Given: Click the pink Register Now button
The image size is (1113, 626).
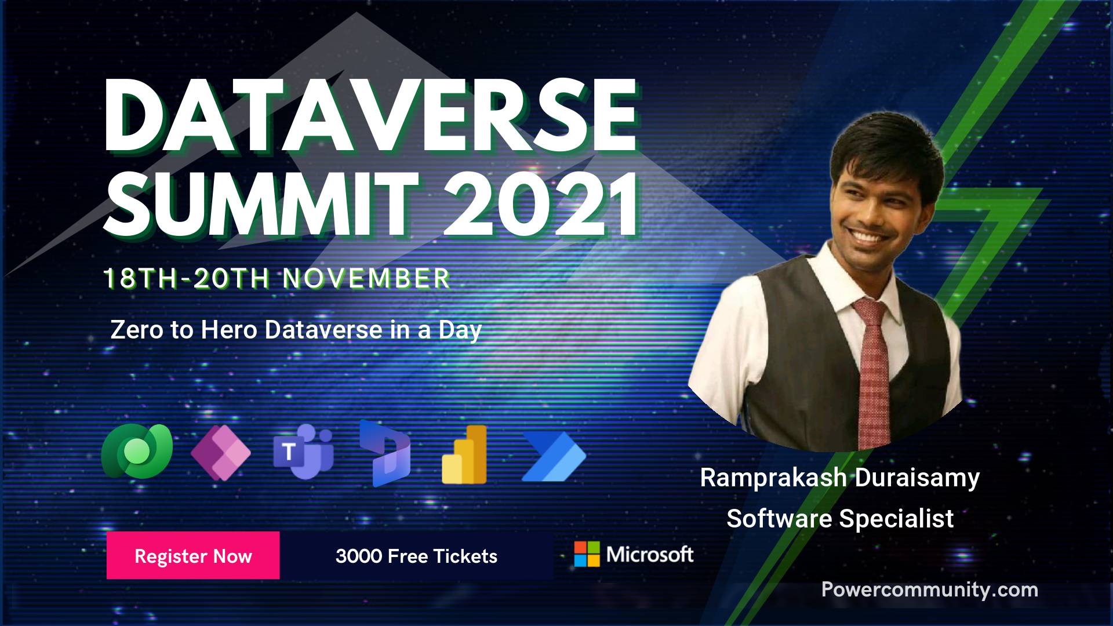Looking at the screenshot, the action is click(193, 555).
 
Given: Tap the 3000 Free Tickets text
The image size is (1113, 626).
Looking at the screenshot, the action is click(416, 556).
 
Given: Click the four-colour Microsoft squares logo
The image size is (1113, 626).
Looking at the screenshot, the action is click(587, 554).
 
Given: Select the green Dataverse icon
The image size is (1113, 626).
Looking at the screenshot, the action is click(137, 451).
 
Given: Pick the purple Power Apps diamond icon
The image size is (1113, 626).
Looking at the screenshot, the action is click(221, 452).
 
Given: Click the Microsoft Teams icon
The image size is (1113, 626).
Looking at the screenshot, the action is click(304, 452).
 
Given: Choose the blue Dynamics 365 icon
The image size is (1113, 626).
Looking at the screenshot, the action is click(384, 453).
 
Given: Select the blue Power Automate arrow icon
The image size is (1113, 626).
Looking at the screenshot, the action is click(554, 457).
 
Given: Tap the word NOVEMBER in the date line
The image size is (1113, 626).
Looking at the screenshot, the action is click(366, 279).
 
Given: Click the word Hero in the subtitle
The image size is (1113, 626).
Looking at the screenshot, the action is click(229, 330).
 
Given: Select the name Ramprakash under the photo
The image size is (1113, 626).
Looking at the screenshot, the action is click(773, 478).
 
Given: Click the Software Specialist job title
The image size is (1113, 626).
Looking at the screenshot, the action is click(840, 518).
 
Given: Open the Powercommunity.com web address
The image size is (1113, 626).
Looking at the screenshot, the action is click(930, 589).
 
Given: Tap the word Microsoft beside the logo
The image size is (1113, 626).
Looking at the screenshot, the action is click(650, 554).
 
